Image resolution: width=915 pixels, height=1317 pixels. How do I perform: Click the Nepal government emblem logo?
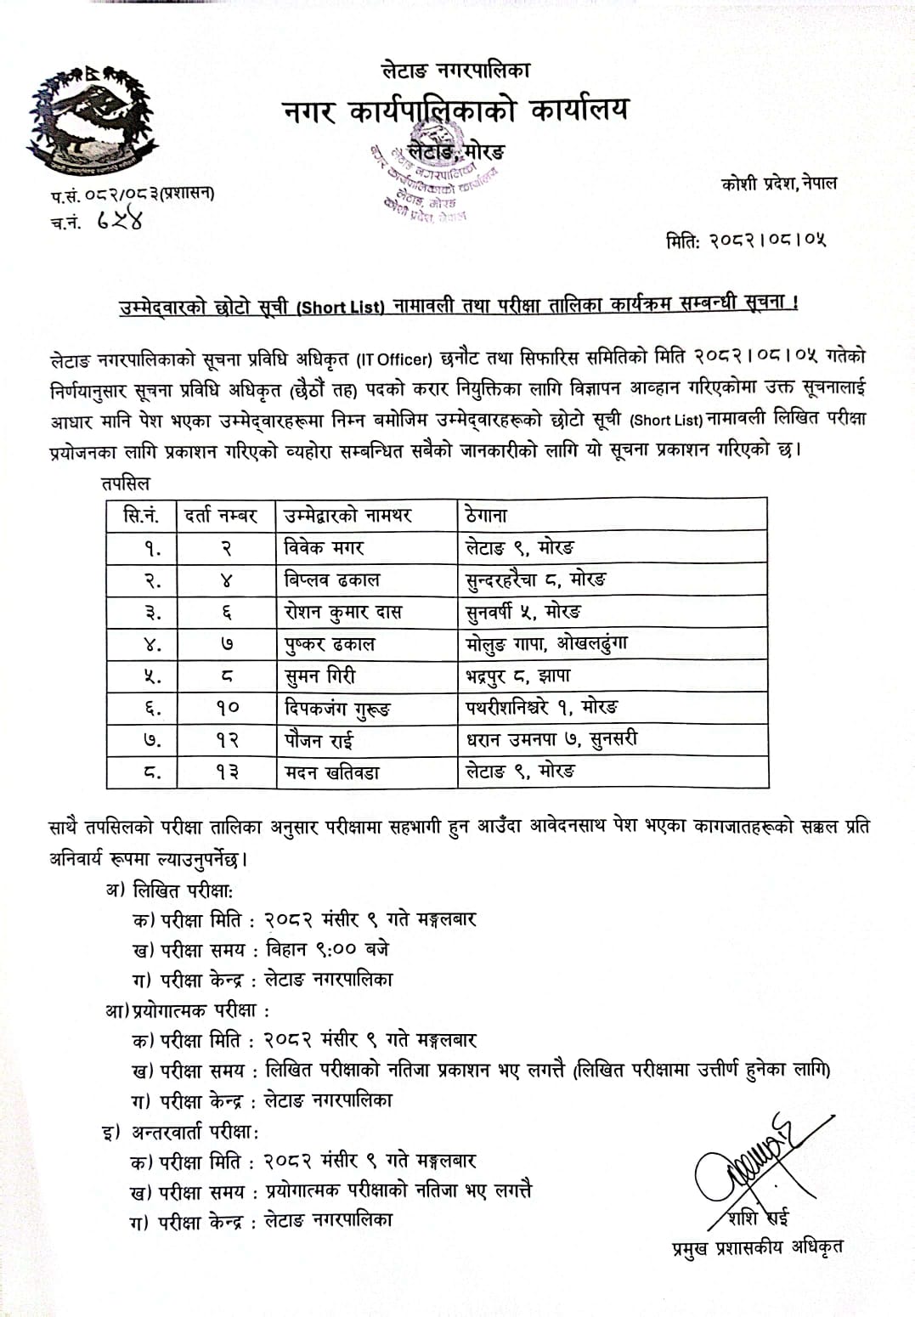click(93, 118)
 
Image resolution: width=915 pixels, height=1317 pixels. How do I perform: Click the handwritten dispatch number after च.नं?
click(119, 221)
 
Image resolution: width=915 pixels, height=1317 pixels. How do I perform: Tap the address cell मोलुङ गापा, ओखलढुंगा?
click(547, 644)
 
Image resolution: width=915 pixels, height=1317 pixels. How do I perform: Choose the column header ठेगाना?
click(486, 515)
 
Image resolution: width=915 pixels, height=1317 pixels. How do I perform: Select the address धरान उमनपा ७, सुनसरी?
click(551, 740)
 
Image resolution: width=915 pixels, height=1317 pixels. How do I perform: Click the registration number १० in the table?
click(227, 708)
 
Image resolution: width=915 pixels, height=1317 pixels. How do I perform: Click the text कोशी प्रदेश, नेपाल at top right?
click(778, 183)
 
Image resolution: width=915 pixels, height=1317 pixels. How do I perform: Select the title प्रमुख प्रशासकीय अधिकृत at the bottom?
click(757, 1246)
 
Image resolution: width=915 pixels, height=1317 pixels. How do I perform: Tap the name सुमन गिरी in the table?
click(319, 676)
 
